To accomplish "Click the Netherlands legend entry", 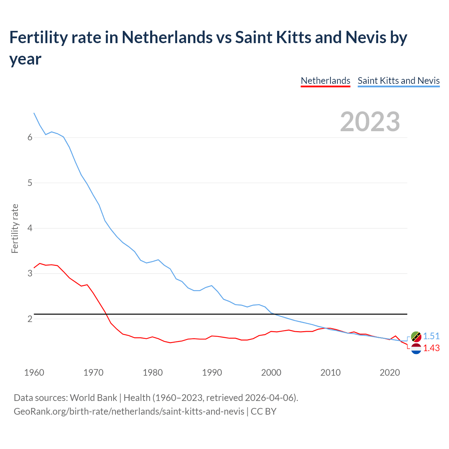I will [326, 81].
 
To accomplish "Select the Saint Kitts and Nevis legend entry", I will [398, 81].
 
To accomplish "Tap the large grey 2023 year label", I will [370, 121].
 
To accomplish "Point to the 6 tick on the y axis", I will [30, 138].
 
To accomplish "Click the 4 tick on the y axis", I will [30, 228].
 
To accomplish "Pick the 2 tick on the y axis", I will [30, 319].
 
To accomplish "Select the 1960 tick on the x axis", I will [34, 373].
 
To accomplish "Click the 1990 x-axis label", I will [212, 373].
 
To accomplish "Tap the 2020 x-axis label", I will [390, 373].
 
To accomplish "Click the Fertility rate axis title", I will [15, 228].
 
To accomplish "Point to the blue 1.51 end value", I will [431, 336].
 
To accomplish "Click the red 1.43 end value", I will [431, 348].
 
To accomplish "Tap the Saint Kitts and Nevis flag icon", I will [416, 337].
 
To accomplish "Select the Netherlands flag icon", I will [416, 349].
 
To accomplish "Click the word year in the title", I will [25, 59].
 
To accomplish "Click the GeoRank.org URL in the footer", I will [129, 411].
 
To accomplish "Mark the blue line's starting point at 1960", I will [34, 113].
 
